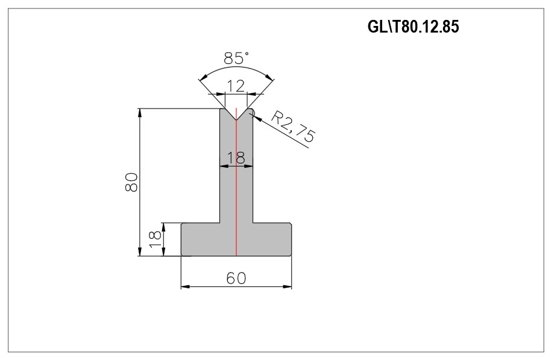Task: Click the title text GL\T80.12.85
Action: pos(413,27)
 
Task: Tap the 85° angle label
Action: pos(236,58)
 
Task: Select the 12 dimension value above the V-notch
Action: pos(236,86)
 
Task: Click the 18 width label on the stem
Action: pos(236,157)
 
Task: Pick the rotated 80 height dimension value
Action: pos(131,182)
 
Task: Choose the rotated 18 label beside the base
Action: pos(155,239)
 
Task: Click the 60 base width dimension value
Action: pos(236,278)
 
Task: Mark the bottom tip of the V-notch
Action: pos(236,120)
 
